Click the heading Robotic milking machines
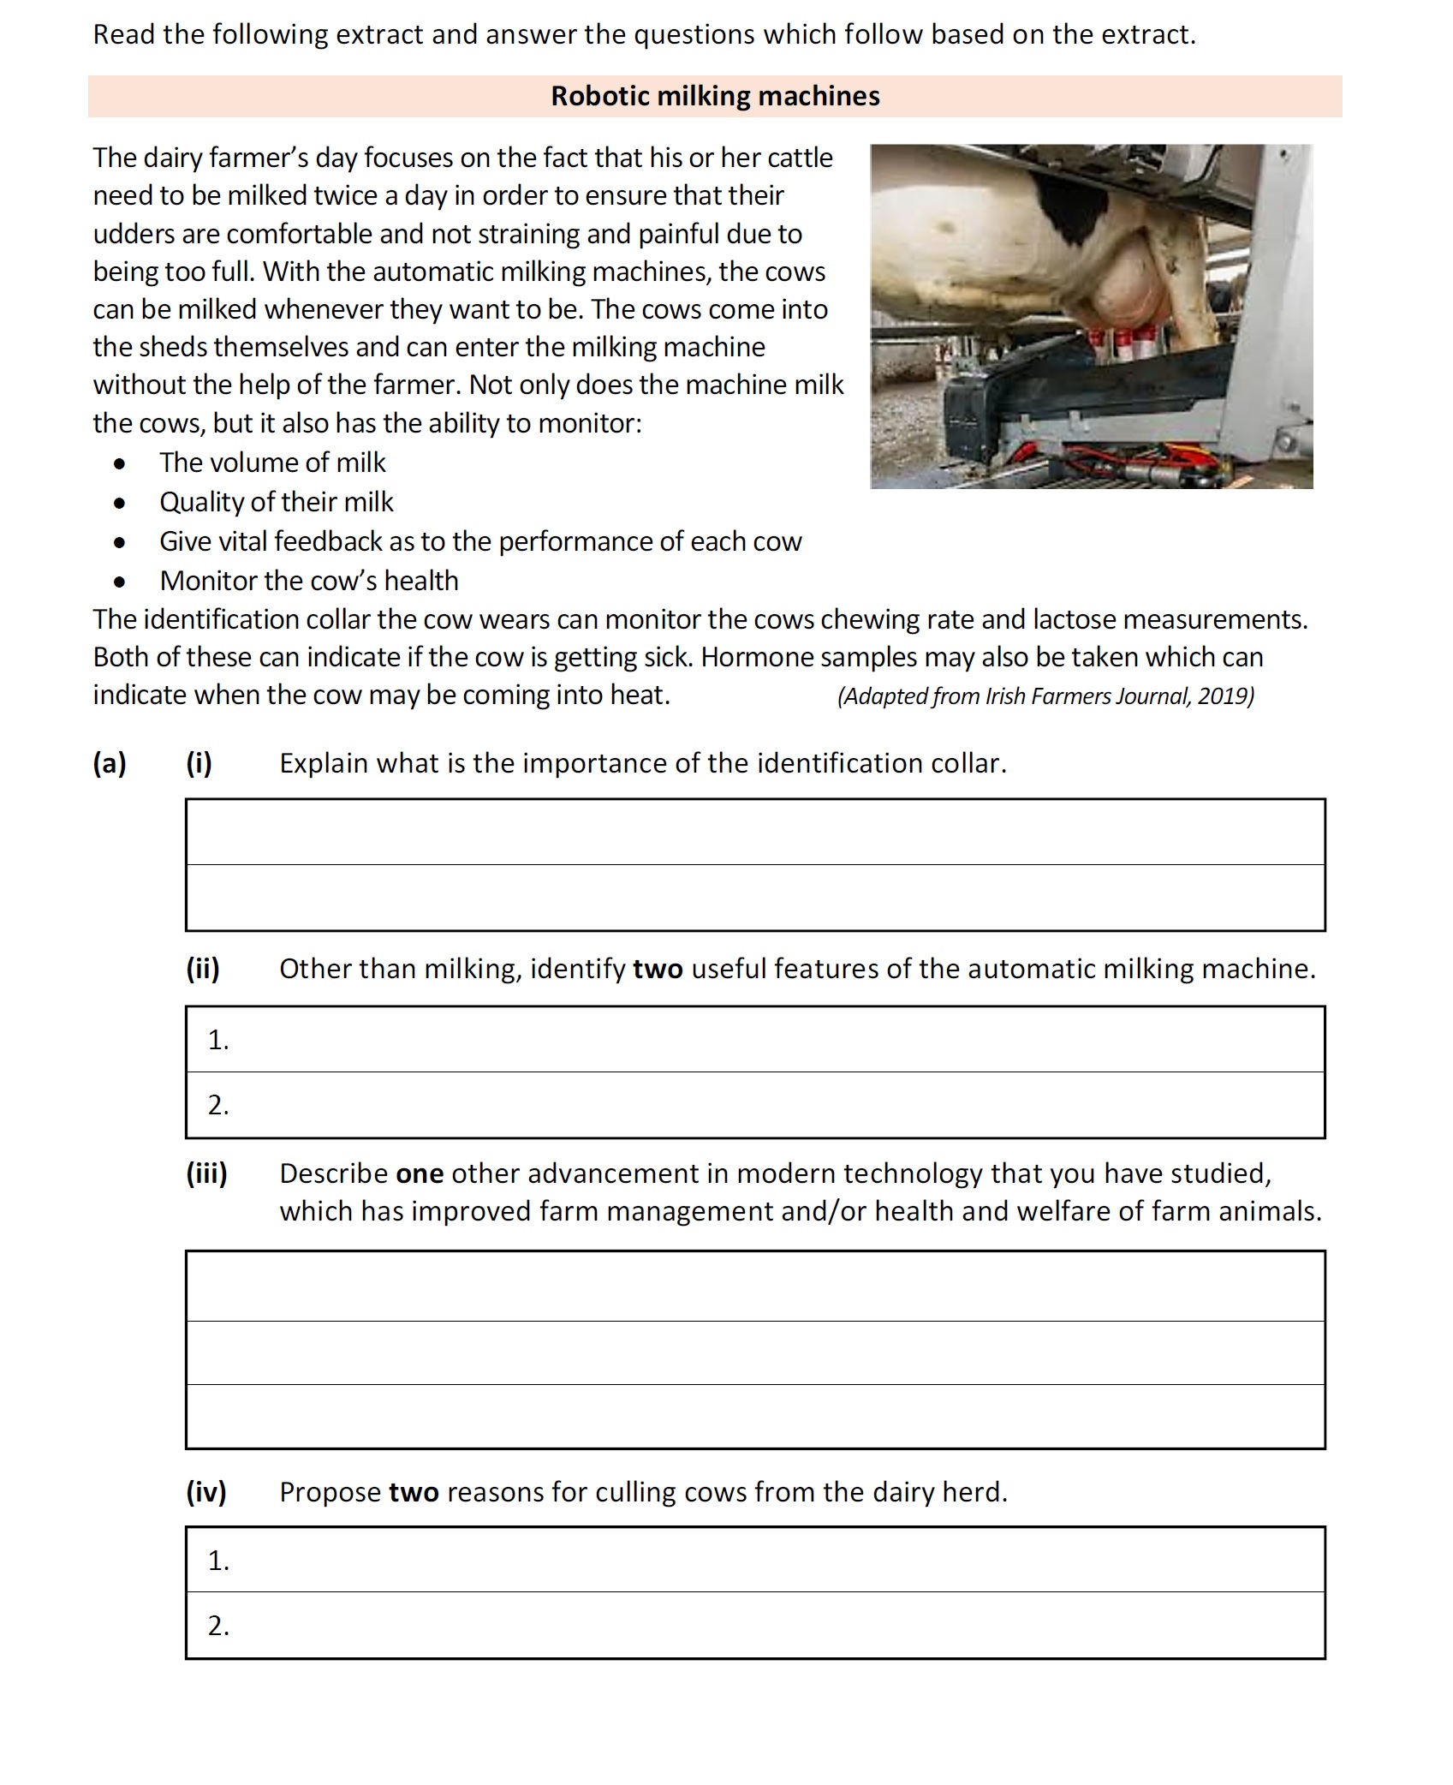pyautogui.click(x=715, y=96)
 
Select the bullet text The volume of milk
pyautogui.click(x=272, y=463)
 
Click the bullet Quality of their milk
pyautogui.click(x=276, y=502)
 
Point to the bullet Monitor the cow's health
pyautogui.click(x=308, y=581)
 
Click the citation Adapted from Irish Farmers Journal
pyautogui.click(x=1045, y=695)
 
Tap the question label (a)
pyautogui.click(x=110, y=763)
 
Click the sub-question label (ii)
pyautogui.click(x=203, y=969)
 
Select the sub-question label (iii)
pyautogui.click(x=206, y=1173)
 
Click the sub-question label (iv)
pyautogui.click(x=206, y=1492)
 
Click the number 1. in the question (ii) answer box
pyautogui.click(x=218, y=1040)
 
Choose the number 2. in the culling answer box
pyautogui.click(x=218, y=1626)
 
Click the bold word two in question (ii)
pyautogui.click(x=658, y=969)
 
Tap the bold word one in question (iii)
pyautogui.click(x=420, y=1173)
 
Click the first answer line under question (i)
pyautogui.click(x=755, y=833)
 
